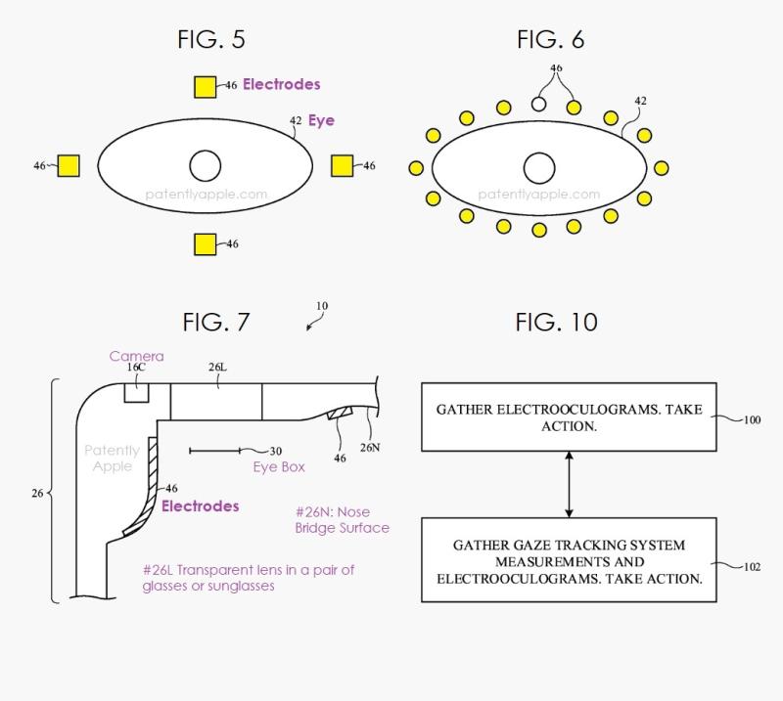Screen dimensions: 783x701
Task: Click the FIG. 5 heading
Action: [211, 39]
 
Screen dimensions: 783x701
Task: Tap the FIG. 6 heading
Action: [550, 39]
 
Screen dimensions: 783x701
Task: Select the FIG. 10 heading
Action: [556, 323]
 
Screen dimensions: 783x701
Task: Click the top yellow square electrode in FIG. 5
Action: [206, 87]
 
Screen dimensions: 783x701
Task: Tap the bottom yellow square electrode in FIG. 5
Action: [206, 244]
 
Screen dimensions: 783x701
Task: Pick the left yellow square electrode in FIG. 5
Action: [69, 165]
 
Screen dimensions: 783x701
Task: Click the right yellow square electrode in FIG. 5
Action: [342, 165]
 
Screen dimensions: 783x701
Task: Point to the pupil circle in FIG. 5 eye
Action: [206, 165]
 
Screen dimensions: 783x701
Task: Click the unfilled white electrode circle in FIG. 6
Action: [538, 104]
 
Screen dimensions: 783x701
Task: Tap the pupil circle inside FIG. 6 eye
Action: [539, 168]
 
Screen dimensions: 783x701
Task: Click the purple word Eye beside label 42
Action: [321, 120]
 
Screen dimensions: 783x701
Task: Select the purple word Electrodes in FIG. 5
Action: [282, 84]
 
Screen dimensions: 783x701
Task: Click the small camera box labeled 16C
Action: [136, 392]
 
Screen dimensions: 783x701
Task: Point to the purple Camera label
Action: [136, 356]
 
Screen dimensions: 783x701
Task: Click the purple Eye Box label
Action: [279, 467]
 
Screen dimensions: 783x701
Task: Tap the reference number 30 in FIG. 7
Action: [276, 452]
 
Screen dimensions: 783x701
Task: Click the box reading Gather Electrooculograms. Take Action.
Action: [569, 417]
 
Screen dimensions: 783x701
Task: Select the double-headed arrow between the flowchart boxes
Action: [569, 485]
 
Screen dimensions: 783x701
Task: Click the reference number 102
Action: [752, 567]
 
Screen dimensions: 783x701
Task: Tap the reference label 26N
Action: [370, 448]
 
